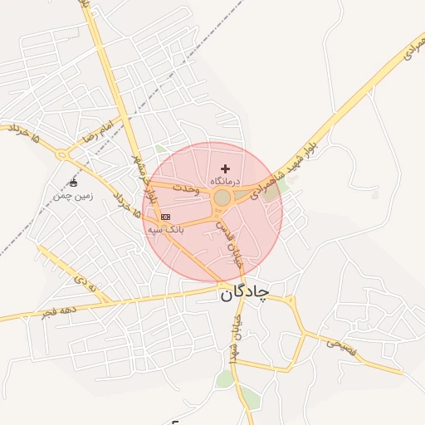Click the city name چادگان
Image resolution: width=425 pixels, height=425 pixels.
(245, 293)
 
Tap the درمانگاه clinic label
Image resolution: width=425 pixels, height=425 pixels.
(225, 180)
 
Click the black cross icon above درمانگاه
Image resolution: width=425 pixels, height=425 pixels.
(225, 169)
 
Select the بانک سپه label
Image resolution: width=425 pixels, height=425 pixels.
(166, 228)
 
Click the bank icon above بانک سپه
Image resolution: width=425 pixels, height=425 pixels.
(165, 217)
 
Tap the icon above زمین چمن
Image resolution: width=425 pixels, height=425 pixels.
(73, 183)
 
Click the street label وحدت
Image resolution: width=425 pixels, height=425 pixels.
(188, 189)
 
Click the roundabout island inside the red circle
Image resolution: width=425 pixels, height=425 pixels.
(222, 198)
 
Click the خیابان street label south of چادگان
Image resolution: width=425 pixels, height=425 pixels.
(236, 337)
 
